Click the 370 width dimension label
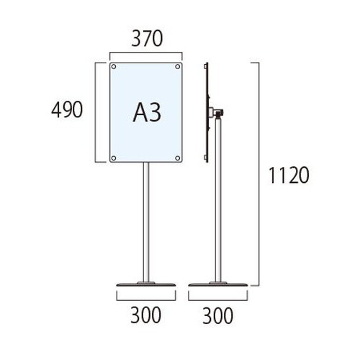pyautogui.click(x=147, y=39)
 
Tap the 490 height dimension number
pyautogui.click(x=67, y=109)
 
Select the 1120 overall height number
pyautogui.click(x=289, y=176)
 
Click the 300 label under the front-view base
pyautogui.click(x=145, y=315)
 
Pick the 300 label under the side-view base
pyautogui.click(x=217, y=316)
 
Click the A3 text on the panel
pyautogui.click(x=147, y=112)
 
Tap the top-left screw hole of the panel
pyautogui.click(x=114, y=66)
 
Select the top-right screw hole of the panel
pyautogui.click(x=178, y=66)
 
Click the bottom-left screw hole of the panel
pyautogui.click(x=114, y=158)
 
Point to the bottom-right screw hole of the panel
pyautogui.click(x=178, y=158)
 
